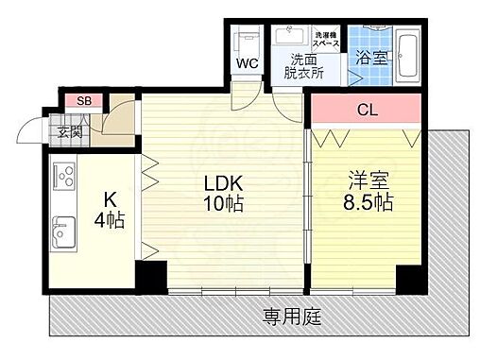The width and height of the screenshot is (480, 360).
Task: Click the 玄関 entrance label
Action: point(70,130)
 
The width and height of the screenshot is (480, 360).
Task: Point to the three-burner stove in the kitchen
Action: point(64,177)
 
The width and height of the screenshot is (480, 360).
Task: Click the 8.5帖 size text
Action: point(366,203)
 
